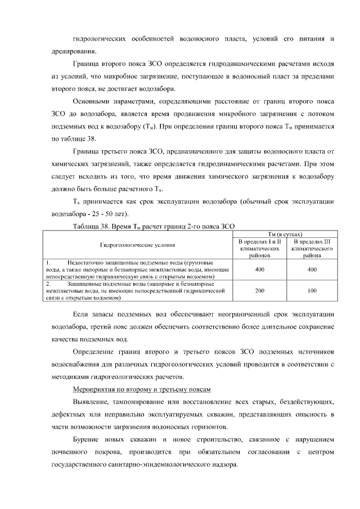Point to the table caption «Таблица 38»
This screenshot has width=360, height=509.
point(93,226)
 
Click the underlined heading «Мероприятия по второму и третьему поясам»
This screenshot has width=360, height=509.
point(142,389)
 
